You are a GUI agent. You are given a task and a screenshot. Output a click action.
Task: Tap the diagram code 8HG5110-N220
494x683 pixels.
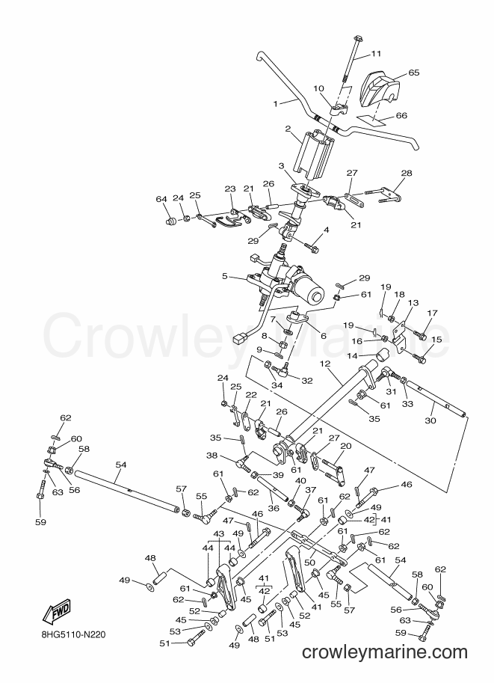pyautogui.click(x=70, y=634)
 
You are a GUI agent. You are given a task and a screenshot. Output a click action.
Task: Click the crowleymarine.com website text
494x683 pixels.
pyautogui.click(x=384, y=652)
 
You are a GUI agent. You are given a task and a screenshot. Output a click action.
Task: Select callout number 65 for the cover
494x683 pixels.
pyautogui.click(x=414, y=72)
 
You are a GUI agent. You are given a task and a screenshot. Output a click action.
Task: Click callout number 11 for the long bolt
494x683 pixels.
pyautogui.click(x=376, y=54)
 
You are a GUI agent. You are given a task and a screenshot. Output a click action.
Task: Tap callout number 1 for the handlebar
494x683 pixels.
pyautogui.click(x=275, y=104)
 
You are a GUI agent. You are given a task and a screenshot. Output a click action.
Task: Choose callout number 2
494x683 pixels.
pyautogui.click(x=288, y=129)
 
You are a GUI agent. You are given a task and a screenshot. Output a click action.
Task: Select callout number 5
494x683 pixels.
pyautogui.click(x=225, y=276)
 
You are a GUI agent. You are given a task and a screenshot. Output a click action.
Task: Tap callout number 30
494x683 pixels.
pyautogui.click(x=430, y=420)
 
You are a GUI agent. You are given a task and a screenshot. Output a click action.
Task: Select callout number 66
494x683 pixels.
pyautogui.click(x=401, y=115)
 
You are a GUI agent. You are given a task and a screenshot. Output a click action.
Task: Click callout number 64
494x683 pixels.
pyautogui.click(x=161, y=199)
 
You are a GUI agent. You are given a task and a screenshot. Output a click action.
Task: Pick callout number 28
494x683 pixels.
pyautogui.click(x=406, y=173)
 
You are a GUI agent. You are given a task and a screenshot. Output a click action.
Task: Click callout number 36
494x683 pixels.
pyautogui.click(x=273, y=507)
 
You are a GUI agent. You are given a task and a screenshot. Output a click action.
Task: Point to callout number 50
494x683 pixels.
pyautogui.click(x=309, y=563)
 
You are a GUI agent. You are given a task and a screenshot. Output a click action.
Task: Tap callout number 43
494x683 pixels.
pyautogui.click(x=218, y=533)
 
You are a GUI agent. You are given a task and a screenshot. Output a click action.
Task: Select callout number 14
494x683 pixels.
pyautogui.click(x=352, y=356)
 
